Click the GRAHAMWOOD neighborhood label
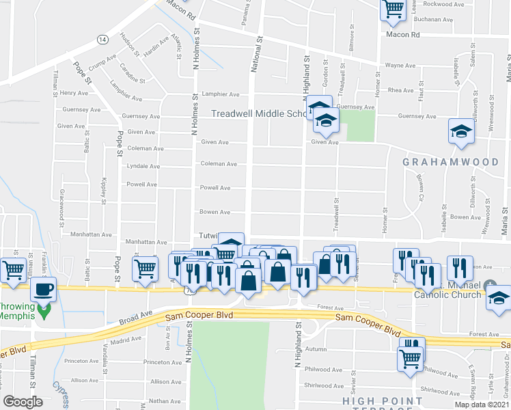click(x=450, y=162)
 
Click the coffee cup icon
click(x=44, y=289)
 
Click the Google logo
click(x=23, y=402)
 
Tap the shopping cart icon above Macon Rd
click(x=393, y=8)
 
